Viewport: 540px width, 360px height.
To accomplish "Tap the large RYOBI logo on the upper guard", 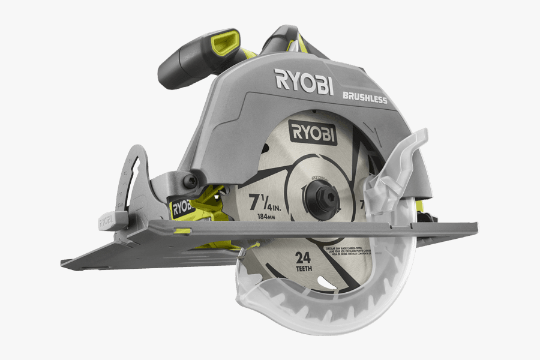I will coord(304,82).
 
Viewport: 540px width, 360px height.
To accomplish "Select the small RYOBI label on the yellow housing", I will coord(182,208).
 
